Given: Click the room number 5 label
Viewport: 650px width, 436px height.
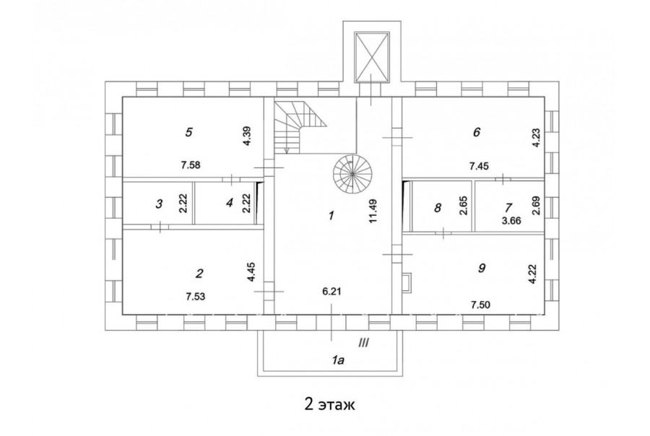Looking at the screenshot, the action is click(189, 132).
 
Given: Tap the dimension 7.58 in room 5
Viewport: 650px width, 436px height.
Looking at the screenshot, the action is click(191, 165).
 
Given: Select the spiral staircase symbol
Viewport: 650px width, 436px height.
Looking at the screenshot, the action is click(352, 175).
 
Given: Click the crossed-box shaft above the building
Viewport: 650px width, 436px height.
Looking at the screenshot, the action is click(372, 58).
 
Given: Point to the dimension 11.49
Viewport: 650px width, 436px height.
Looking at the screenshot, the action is click(373, 211).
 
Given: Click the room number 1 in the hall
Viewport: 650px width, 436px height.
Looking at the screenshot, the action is click(331, 216).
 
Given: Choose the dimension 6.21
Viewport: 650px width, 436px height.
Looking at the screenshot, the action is click(331, 292).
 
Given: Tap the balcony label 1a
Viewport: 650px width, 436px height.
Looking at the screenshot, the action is click(338, 360).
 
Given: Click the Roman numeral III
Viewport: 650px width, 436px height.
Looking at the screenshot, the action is click(363, 343).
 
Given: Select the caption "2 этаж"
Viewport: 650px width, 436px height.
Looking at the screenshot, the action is click(330, 404).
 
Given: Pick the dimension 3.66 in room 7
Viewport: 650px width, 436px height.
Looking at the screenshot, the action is click(511, 221).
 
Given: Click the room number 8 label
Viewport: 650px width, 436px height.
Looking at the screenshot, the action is click(438, 208).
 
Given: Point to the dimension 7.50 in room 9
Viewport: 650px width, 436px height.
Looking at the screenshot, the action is click(480, 305).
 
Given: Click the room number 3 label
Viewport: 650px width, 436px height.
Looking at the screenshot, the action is click(159, 204).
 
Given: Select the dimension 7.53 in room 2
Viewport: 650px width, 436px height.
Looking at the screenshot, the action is click(196, 297).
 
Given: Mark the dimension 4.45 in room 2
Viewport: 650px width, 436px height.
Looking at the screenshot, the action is click(251, 272).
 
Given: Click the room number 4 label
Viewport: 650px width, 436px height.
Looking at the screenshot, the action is click(230, 203).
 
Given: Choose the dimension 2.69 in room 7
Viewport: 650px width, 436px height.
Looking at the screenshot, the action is click(536, 205).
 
